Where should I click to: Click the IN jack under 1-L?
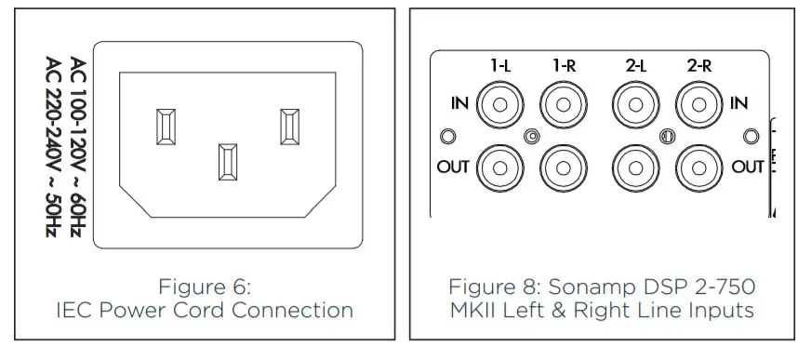(x=500, y=104)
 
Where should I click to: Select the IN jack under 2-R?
(x=698, y=104)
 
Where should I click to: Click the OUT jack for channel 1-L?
(x=500, y=167)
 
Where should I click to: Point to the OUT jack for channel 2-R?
(x=698, y=167)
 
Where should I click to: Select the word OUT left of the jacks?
(x=452, y=168)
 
